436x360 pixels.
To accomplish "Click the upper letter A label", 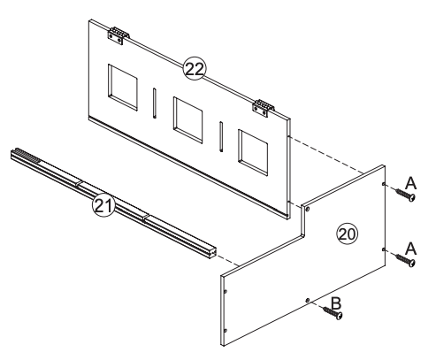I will tap(409, 180).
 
